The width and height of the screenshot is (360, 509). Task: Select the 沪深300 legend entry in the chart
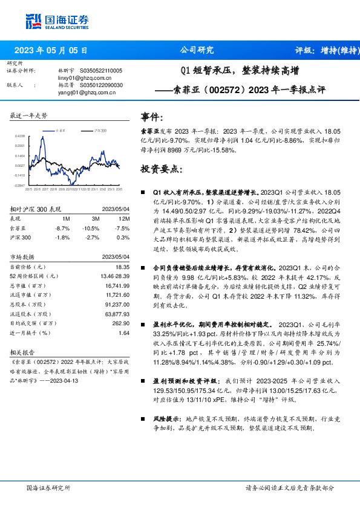100,130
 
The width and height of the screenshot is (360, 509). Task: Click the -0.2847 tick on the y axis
19,186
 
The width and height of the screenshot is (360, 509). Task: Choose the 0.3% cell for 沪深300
124,238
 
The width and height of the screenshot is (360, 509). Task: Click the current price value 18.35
122,267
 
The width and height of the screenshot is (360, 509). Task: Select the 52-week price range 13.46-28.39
113,275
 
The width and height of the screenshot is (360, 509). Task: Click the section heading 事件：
152,117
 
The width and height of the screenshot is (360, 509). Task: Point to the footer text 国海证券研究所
48,487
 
